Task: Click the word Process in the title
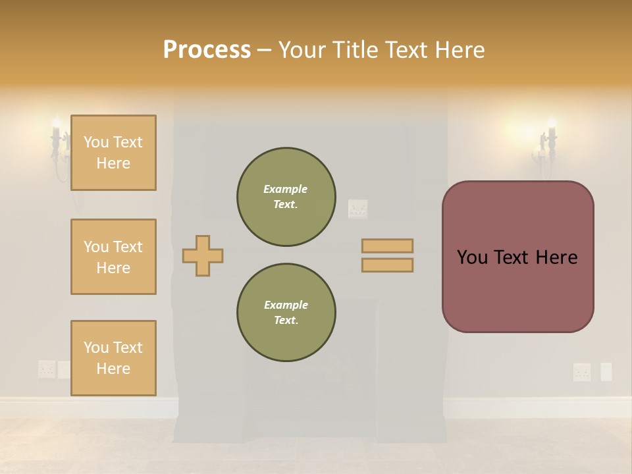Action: [x=207, y=49]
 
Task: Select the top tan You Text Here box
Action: [x=113, y=153]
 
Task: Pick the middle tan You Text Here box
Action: [x=113, y=257]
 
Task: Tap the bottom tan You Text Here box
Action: [x=113, y=358]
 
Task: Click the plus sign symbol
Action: [x=203, y=255]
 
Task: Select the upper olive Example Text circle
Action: [x=286, y=197]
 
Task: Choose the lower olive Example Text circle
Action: [x=286, y=313]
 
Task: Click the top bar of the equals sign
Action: [x=387, y=246]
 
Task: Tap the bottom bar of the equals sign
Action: [x=387, y=265]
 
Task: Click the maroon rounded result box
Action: [x=517, y=257]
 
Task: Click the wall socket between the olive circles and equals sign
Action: [x=357, y=209]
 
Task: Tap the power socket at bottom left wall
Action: [x=46, y=369]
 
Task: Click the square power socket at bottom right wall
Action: [x=582, y=372]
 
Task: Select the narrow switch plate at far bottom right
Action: [x=606, y=372]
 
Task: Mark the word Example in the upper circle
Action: [x=286, y=189]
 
